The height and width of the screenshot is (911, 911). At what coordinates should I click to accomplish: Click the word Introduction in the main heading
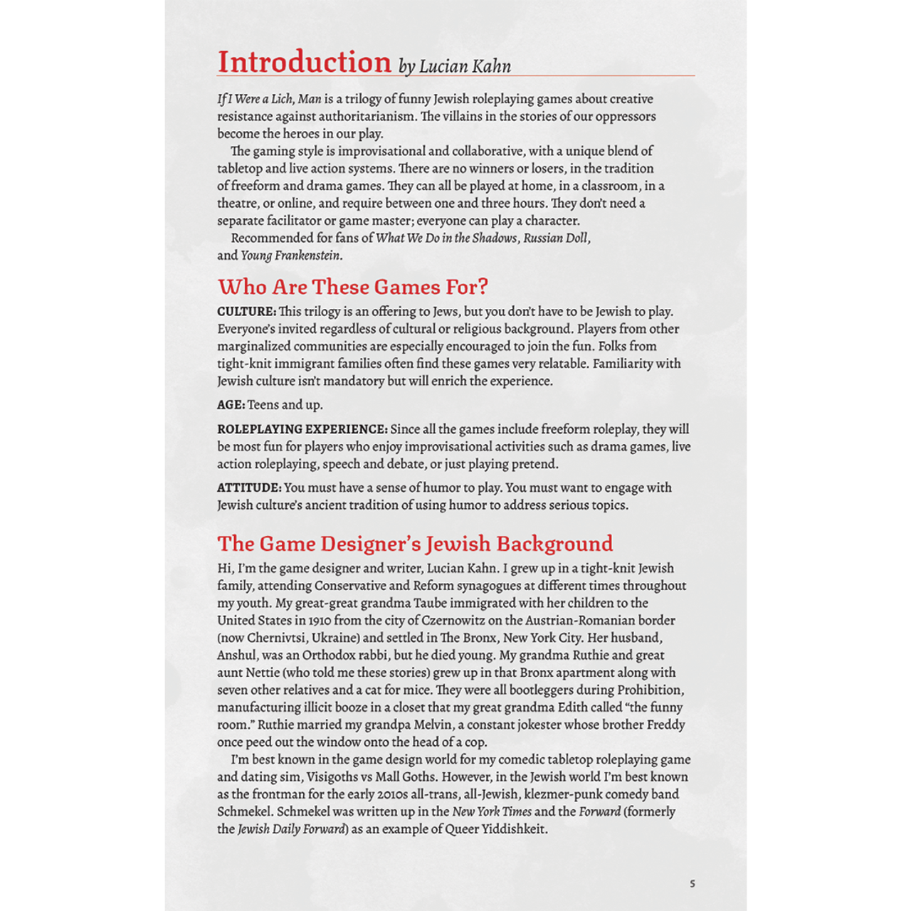[x=304, y=62]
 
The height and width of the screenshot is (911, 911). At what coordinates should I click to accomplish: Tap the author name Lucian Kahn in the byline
[x=465, y=67]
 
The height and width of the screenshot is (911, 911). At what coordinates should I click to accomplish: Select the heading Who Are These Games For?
[x=353, y=287]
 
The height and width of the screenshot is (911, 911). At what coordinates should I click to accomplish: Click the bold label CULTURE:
[x=246, y=312]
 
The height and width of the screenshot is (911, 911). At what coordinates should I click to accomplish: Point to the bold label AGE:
[x=231, y=405]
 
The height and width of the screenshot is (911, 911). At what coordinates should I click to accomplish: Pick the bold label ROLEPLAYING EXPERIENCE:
[x=302, y=429]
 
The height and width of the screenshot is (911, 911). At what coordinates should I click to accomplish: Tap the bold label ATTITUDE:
[x=249, y=488]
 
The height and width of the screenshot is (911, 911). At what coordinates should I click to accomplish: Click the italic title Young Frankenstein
[x=290, y=256]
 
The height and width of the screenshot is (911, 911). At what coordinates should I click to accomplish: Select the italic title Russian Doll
[x=556, y=238]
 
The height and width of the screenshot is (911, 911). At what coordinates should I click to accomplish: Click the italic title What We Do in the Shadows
[x=446, y=238]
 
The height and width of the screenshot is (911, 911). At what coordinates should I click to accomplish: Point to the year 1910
[x=320, y=621]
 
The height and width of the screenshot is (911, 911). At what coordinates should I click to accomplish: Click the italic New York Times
[x=492, y=812]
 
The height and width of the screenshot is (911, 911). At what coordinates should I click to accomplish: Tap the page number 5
[x=693, y=884]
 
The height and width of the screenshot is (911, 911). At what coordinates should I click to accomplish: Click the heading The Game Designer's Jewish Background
[x=415, y=544]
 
